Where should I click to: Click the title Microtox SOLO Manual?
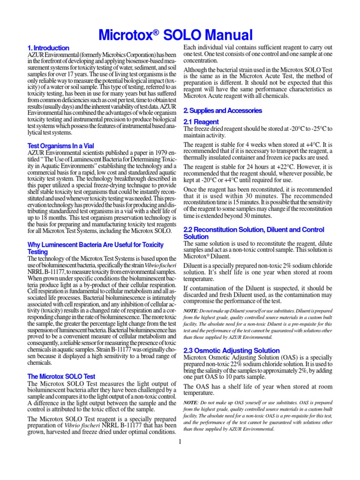(x=176, y=35)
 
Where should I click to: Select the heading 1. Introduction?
(x=48, y=48)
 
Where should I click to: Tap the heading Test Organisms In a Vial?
(x=60, y=146)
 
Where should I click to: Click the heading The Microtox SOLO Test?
(x=61, y=376)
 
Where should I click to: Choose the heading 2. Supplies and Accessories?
(x=223, y=111)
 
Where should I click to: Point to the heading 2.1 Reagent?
(x=201, y=122)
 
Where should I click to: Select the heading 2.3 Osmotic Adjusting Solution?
(x=232, y=350)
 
